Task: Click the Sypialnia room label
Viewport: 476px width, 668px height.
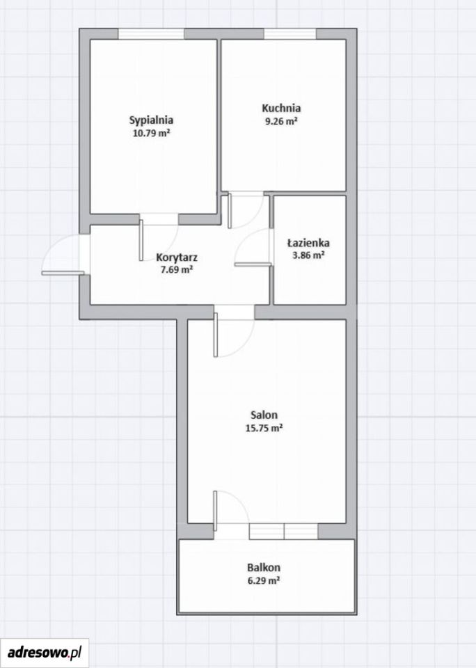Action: pos(151,120)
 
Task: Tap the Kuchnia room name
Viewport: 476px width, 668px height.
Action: pos(281,108)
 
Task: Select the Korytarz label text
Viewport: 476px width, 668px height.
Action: pos(177,257)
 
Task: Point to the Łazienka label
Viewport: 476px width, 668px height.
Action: pos(308,243)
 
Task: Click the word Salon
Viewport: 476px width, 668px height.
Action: pos(264,415)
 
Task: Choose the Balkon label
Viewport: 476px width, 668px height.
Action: pos(264,568)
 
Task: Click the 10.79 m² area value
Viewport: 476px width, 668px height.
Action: pos(152,133)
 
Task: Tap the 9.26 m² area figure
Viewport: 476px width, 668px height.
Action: pos(281,121)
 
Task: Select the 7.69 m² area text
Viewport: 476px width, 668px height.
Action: pos(177,270)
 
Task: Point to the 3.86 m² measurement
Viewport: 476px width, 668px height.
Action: pos(308,255)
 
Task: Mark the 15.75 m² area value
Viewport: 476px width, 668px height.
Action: pos(264,428)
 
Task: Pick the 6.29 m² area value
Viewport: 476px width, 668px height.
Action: pos(264,580)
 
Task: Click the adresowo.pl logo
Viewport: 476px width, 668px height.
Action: pos(45,652)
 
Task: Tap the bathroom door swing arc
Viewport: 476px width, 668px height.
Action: pos(245,241)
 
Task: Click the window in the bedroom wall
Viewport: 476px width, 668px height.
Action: pos(151,34)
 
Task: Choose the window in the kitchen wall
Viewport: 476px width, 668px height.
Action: pos(290,34)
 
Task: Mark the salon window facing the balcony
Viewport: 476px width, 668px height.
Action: pos(283,532)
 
